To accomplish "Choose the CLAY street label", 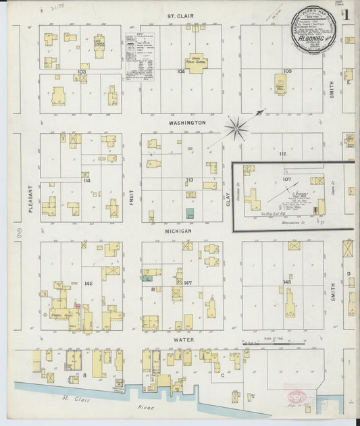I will tap(228, 199).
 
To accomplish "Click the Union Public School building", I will tap(197, 63).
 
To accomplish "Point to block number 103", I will tap(82, 71).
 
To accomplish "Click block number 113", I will tap(190, 180).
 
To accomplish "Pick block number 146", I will tap(88, 284).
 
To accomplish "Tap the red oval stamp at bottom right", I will tap(298, 398).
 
